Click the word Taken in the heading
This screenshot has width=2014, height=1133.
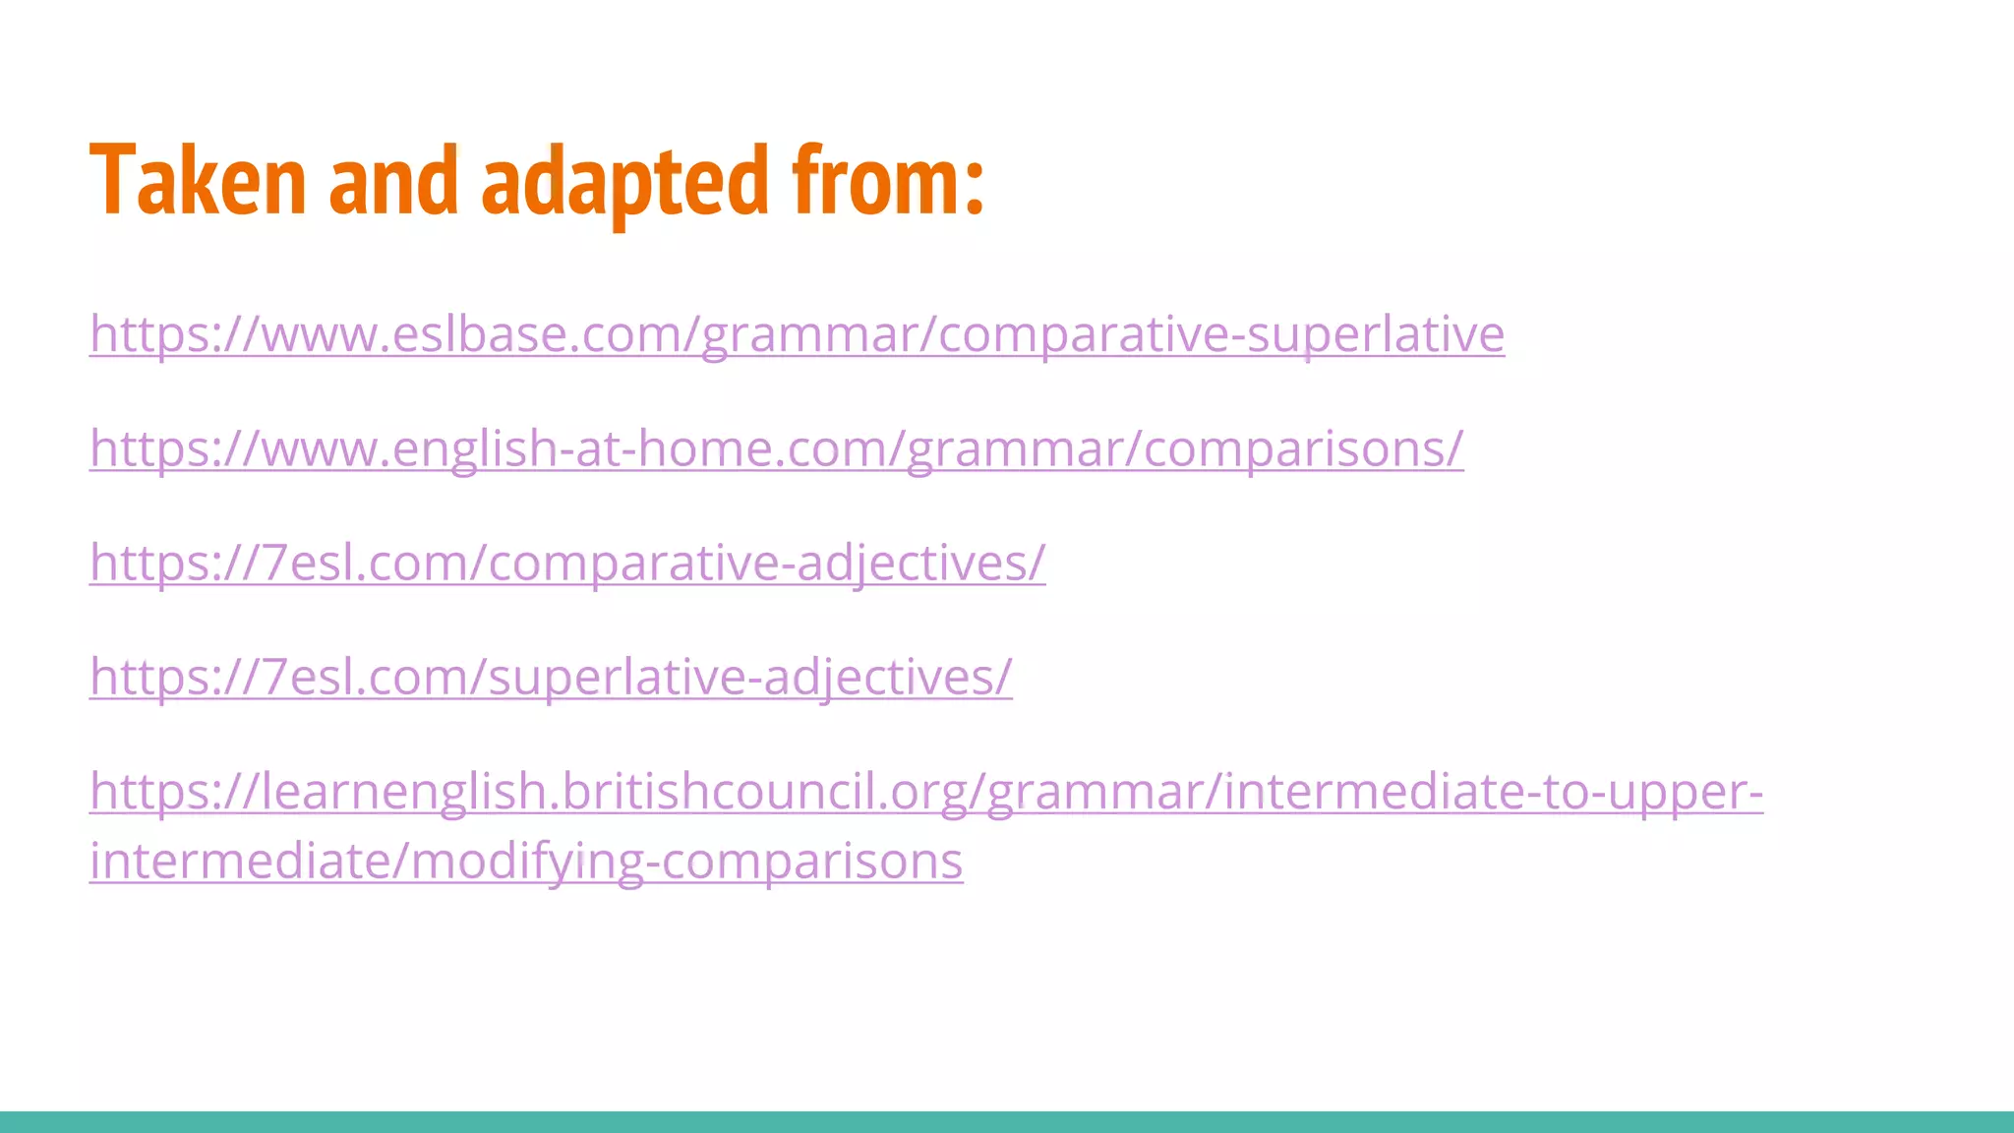[x=198, y=181]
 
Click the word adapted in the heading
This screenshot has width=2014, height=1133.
[x=624, y=181]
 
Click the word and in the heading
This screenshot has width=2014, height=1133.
[x=393, y=181]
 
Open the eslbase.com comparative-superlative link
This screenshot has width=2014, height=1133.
[x=797, y=334]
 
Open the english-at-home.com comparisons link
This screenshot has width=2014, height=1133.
[x=776, y=449]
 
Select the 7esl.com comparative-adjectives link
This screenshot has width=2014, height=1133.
[x=566, y=564]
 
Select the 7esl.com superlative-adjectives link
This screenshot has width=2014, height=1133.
[x=551, y=678]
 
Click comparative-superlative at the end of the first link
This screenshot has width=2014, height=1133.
[x=1220, y=334]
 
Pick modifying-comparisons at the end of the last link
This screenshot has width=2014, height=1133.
[x=685, y=862]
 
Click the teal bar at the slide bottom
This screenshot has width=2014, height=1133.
[x=1007, y=1122]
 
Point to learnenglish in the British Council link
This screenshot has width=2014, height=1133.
[x=403, y=792]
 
